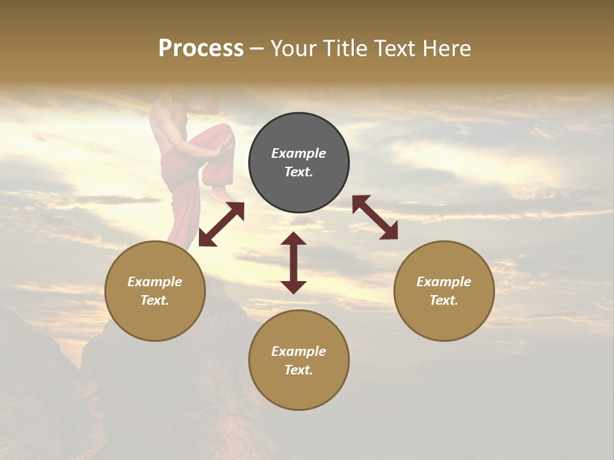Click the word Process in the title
(201, 49)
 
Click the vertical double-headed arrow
(294, 263)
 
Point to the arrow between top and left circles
(221, 224)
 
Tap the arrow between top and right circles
(375, 217)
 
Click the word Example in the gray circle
(299, 153)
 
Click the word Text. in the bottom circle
(299, 370)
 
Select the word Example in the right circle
(444, 282)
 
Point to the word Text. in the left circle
(155, 300)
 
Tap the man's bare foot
(221, 192)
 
